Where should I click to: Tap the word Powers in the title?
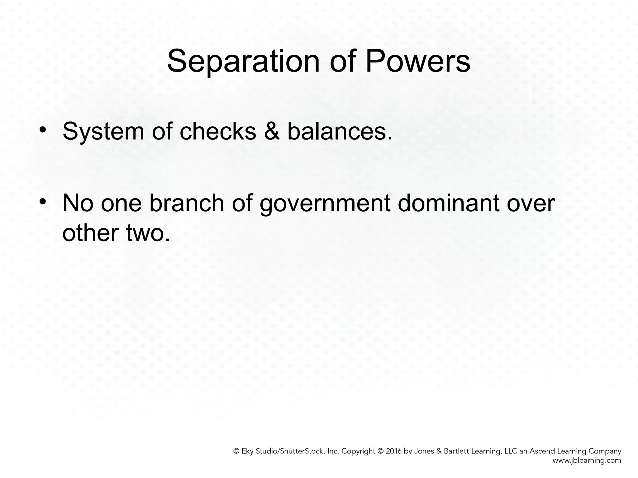417,61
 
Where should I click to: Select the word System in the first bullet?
103,132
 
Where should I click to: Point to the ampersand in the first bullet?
272,131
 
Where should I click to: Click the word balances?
340,131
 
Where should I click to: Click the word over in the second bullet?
531,203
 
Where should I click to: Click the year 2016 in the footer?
394,451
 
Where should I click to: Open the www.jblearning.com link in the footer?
587,461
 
